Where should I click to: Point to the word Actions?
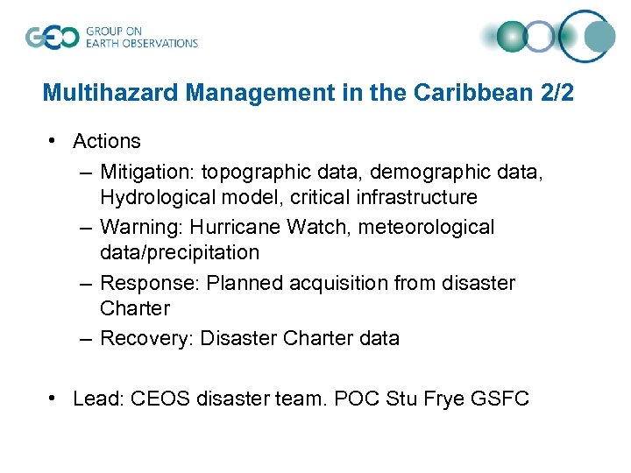coord(107,141)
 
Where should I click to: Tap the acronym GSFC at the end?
coord(500,399)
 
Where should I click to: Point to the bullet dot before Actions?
coord(54,141)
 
